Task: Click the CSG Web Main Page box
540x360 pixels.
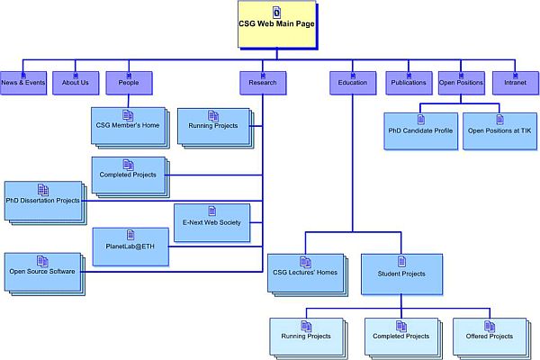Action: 277,24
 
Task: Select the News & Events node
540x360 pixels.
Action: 23,82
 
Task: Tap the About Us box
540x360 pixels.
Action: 76,82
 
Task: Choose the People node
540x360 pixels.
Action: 129,82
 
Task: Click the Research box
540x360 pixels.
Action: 263,82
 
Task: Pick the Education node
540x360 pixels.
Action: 353,82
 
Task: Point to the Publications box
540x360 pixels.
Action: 409,82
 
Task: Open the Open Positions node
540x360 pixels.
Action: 462,82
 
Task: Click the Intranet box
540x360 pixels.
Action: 516,82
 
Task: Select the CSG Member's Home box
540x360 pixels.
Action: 127,126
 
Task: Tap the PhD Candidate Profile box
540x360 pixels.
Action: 418,130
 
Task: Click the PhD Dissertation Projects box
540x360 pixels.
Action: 42,200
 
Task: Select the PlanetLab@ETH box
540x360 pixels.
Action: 130,246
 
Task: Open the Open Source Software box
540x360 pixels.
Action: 42,270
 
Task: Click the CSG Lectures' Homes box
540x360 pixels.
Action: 304,273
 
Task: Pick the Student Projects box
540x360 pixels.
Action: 400,273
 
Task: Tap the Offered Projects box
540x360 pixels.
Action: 489,336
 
